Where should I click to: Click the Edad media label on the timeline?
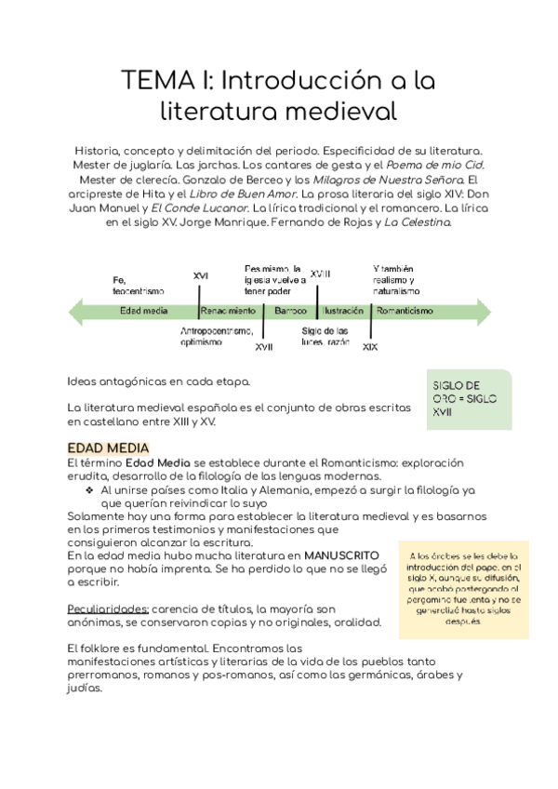tap(143, 311)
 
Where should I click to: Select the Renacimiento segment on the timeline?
tap(228, 311)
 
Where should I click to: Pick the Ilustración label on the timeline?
tap(342, 311)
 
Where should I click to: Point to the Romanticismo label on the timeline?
tap(405, 311)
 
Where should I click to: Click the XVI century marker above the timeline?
tap(200, 276)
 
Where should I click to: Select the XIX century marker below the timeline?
tap(369, 347)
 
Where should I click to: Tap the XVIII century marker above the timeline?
tap(320, 274)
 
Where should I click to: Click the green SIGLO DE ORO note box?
tap(471, 399)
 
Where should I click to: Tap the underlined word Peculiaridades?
tap(107, 608)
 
